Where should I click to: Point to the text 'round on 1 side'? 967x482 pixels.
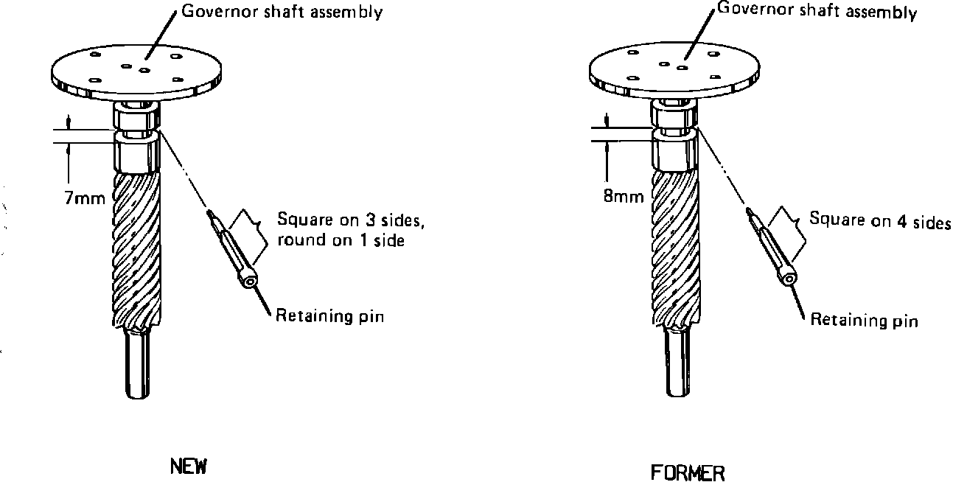click(x=341, y=240)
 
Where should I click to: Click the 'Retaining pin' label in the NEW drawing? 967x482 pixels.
click(x=330, y=317)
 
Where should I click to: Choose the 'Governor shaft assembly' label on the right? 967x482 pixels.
click(x=817, y=11)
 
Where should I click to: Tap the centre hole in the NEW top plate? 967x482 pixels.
click(x=144, y=70)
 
